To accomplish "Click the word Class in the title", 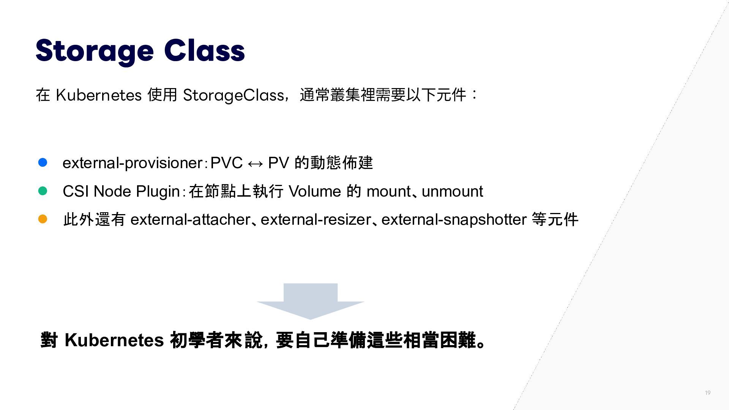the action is (205, 50).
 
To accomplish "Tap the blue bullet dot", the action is (43, 162).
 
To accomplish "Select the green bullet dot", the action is (43, 191).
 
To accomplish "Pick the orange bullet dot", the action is (43, 219).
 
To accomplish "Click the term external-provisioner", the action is (133, 163).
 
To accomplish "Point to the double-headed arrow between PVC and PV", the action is (255, 164).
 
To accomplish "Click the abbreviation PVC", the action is (226, 163).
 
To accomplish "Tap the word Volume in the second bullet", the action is (315, 191).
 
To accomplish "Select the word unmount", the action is (452, 192).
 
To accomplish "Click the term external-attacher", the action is (190, 220).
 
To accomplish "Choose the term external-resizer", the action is (316, 220).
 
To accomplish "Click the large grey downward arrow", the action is (311, 301).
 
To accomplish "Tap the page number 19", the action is (708, 393).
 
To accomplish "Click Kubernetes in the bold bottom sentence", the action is (114, 340).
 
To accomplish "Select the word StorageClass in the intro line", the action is (233, 95).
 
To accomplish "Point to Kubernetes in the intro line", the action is (99, 95).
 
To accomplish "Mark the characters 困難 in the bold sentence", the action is (458, 340).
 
